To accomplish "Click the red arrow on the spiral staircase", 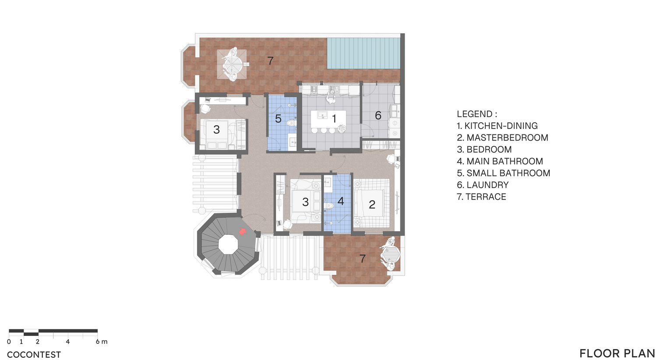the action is (x=242, y=231).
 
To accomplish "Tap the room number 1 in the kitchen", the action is (x=334, y=119).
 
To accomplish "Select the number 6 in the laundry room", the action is (x=378, y=115).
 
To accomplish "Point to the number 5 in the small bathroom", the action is (x=278, y=119).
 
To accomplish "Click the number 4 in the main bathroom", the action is (x=340, y=201).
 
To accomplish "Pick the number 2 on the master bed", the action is (x=372, y=205).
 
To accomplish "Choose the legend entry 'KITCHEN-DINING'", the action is (x=501, y=126).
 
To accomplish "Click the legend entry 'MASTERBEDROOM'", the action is (x=507, y=138).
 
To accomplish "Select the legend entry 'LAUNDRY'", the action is (x=487, y=185).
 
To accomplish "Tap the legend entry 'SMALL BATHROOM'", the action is (x=508, y=173).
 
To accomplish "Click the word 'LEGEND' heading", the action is (x=474, y=114).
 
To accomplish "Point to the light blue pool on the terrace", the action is (x=364, y=53).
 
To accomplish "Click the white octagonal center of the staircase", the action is (x=228, y=244).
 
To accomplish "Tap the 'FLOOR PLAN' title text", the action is (x=617, y=353).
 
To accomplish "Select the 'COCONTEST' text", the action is (x=34, y=355).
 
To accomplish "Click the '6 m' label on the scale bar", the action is (x=102, y=342).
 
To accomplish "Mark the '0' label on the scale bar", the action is (x=9, y=342).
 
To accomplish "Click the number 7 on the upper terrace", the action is (x=270, y=61).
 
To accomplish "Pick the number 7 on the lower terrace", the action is (x=363, y=258).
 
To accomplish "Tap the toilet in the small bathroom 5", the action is (x=291, y=123).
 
